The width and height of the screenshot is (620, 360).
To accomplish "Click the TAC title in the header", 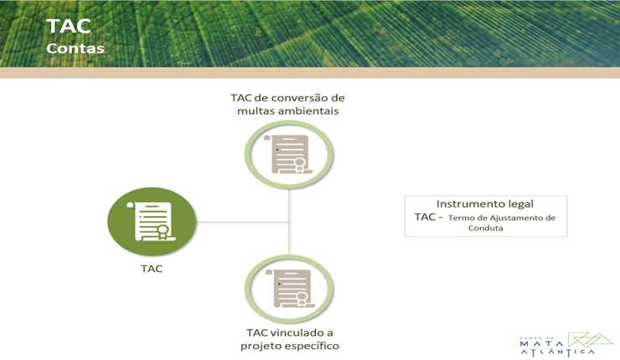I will [x=69, y=25].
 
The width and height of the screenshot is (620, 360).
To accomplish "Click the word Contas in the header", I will [x=75, y=49].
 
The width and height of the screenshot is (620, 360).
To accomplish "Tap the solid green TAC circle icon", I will [x=152, y=222].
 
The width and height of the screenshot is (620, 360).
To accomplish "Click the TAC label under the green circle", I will [x=152, y=270].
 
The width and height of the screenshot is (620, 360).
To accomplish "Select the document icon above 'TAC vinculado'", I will [x=289, y=289].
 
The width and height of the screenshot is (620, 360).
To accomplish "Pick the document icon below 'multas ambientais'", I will [x=289, y=153].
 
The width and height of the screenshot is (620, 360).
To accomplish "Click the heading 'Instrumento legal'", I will [x=485, y=203].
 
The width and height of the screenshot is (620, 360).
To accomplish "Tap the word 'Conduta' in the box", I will [x=485, y=228].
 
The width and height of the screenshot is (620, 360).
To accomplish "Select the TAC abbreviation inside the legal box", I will [x=425, y=217].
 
